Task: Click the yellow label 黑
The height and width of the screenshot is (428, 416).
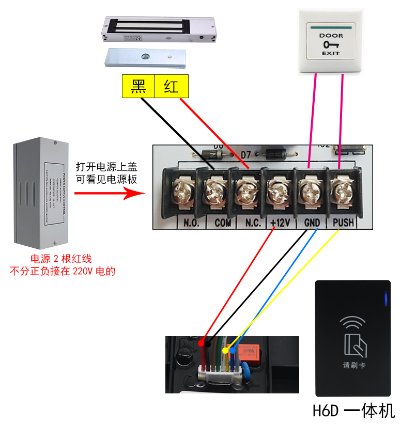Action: coord(138,86)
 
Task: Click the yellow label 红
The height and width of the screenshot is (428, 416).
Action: coord(172,86)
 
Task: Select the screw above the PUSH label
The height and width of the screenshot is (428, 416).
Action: coord(342,193)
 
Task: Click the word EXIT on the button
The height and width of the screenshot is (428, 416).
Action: coord(331,54)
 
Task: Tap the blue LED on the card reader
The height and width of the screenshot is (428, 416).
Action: coord(384,300)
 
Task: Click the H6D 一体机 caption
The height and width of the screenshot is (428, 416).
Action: coord(353,411)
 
